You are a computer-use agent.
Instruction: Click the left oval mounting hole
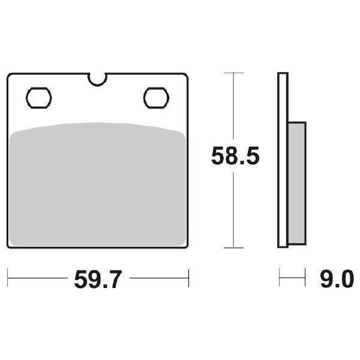40,96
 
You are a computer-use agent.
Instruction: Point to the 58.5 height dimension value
234,158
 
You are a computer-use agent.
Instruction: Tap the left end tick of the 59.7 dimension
8,278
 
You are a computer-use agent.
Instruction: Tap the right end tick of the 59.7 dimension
189,278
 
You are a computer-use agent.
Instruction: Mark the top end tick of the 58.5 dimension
234,73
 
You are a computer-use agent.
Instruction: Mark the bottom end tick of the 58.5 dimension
234,248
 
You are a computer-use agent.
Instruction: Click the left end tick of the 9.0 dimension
280,278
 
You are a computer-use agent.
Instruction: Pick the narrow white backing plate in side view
283,160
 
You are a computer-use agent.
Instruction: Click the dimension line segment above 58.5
234,108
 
